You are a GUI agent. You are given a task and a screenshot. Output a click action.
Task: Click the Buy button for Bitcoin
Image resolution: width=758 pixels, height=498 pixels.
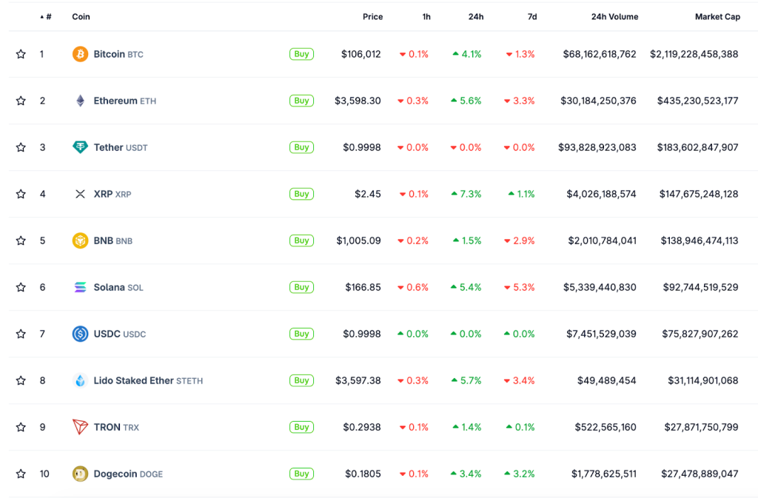301,54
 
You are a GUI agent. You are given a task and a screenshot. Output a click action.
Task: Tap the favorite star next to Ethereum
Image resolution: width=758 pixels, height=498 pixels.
21,101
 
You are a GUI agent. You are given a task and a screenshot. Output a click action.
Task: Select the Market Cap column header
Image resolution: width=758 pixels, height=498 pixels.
717,16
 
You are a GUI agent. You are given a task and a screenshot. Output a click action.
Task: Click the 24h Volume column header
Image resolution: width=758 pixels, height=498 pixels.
614,16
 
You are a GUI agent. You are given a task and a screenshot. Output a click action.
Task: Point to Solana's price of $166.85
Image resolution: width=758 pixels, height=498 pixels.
363,287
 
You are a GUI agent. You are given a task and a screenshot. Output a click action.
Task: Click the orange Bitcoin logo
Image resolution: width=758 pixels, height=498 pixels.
80,54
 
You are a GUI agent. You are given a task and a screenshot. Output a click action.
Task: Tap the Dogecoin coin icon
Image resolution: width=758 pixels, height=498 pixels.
80,474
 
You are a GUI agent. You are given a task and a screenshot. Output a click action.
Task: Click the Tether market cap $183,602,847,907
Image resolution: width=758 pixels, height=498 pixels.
697,147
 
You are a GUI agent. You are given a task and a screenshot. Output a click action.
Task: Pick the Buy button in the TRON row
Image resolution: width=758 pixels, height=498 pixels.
301,427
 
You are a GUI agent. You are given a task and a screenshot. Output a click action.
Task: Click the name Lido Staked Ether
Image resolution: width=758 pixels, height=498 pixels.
133,380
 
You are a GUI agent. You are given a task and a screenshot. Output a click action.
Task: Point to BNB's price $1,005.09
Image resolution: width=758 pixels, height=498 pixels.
358,240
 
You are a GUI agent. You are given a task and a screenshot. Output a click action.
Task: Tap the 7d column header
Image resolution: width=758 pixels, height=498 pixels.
532,16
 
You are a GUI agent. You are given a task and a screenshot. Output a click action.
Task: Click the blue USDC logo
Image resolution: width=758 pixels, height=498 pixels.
80,334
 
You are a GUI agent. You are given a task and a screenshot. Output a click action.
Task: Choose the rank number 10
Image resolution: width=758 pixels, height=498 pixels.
44,474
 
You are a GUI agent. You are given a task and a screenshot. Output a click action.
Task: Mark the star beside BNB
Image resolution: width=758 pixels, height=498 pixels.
21,240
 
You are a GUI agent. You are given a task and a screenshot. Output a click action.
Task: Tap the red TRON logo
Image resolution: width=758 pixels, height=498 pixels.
80,427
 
